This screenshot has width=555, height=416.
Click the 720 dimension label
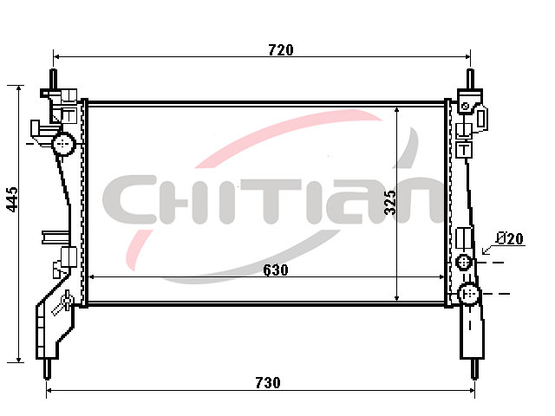coord(281,50)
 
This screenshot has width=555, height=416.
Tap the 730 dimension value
coord(268,383)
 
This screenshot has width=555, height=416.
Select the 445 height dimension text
coord(13,199)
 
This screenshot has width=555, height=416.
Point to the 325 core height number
coord(390,202)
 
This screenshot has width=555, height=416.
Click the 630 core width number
coord(276,270)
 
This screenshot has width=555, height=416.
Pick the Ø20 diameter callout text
coord(510,238)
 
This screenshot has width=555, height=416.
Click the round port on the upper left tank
coord(63,144)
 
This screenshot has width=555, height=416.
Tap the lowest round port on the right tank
coord(469,294)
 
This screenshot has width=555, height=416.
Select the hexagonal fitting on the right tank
coord(464,263)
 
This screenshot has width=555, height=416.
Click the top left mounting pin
coord(54,80)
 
